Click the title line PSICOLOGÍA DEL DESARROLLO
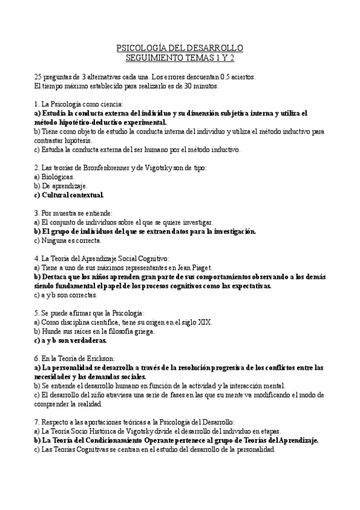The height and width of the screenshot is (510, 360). pyautogui.click(x=180, y=48)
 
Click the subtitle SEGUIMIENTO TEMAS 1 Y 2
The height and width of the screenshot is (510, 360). pyautogui.click(x=180, y=58)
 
